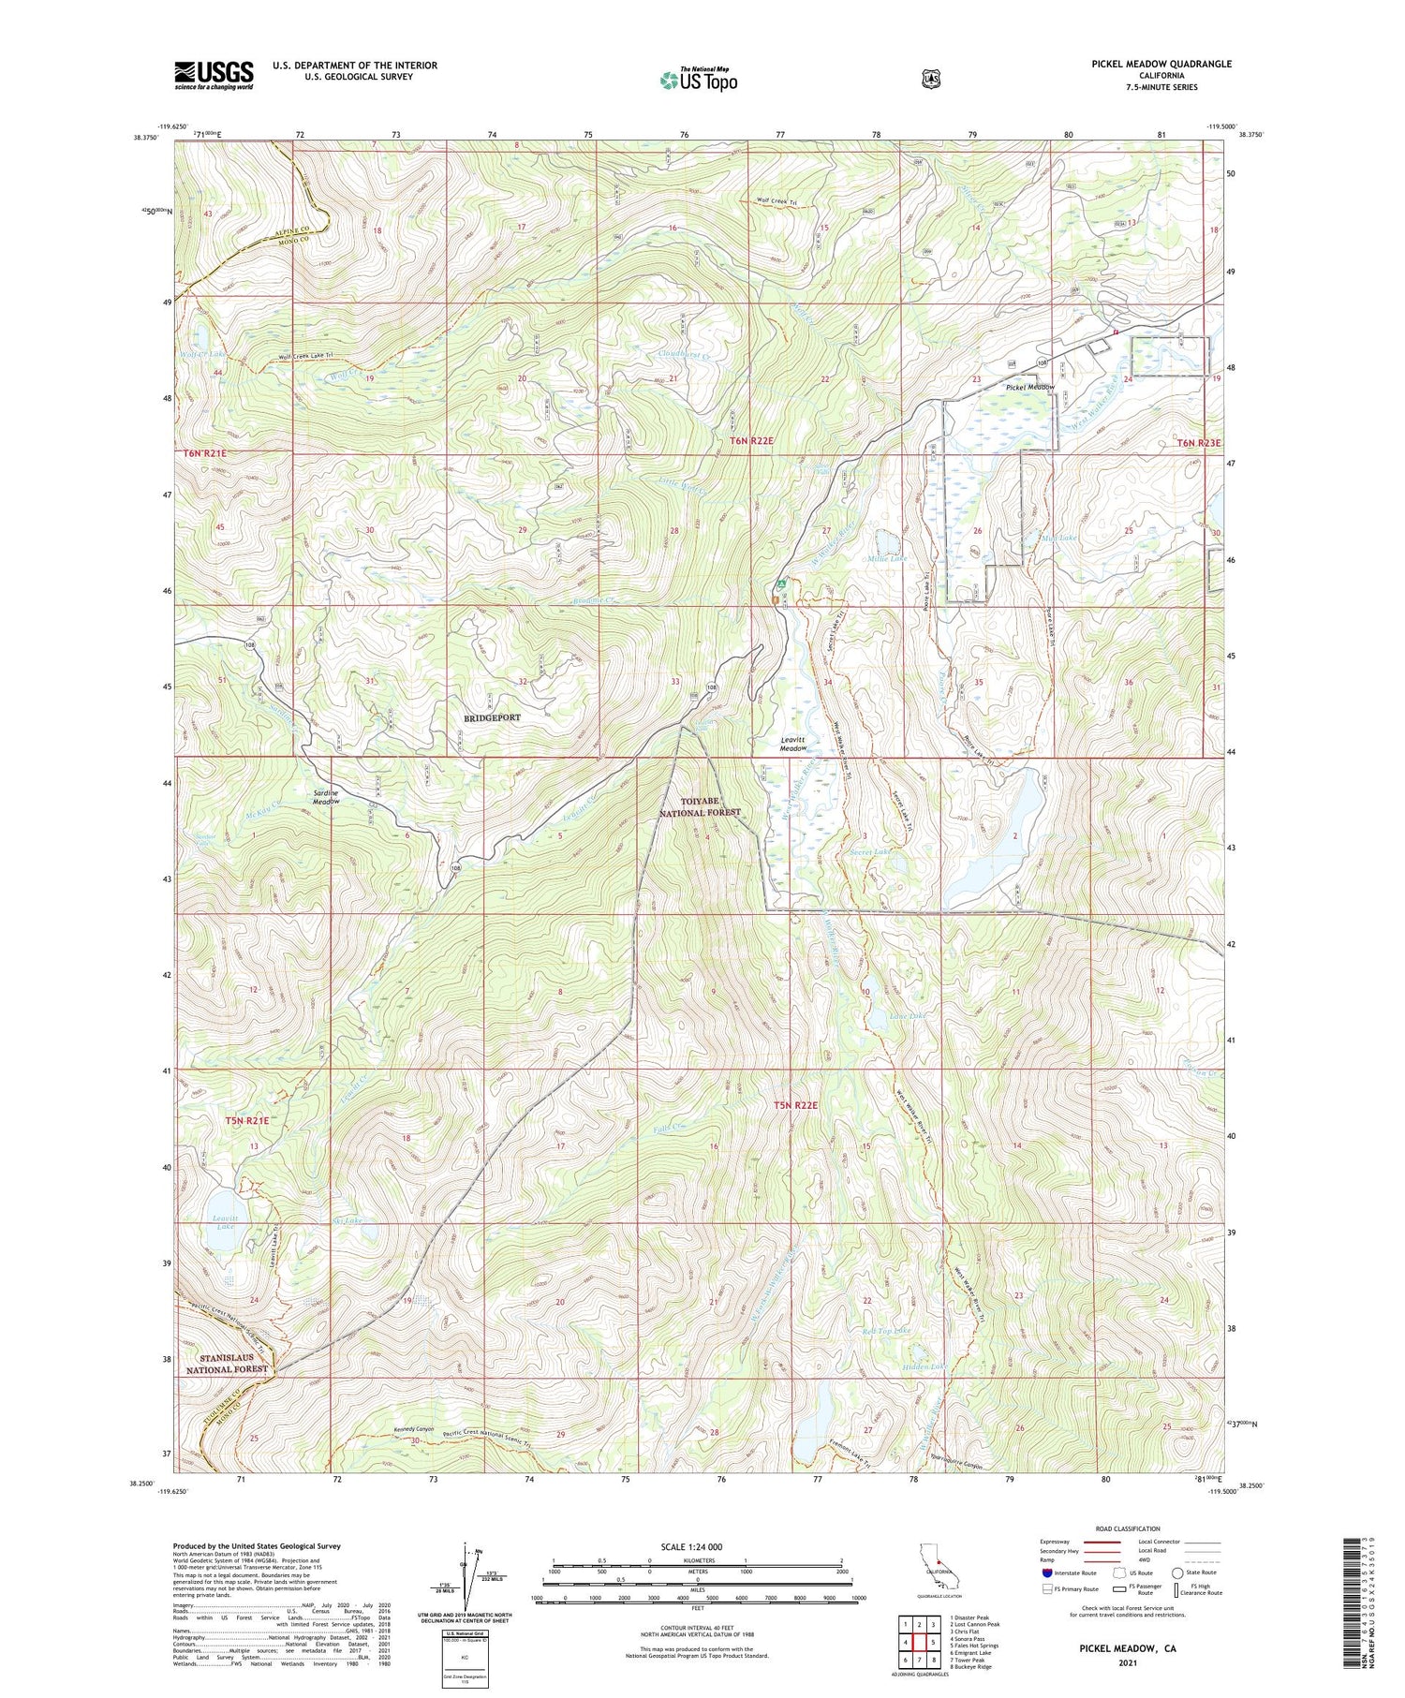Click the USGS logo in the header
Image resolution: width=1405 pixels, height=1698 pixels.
[214, 74]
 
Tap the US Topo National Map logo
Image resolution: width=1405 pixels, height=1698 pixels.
[699, 80]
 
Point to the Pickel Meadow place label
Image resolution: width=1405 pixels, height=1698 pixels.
[1030, 387]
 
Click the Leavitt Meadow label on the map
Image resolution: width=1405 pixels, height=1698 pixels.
[793, 744]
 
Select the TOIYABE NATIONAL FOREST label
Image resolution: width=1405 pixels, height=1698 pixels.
[698, 806]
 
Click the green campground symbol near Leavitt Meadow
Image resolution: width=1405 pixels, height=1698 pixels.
[779, 584]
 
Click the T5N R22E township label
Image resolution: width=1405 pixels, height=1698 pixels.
[796, 1105]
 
